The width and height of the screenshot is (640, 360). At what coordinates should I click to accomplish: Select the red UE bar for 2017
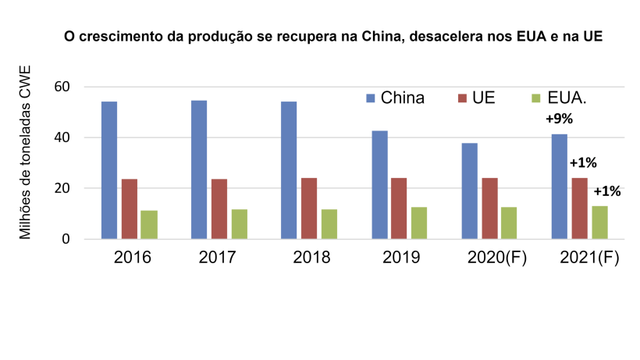click(x=219, y=209)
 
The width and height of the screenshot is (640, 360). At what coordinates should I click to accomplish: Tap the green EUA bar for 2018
click(x=329, y=223)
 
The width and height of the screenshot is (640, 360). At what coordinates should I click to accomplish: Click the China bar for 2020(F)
click(x=469, y=191)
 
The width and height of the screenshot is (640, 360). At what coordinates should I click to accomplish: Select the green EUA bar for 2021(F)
click(x=599, y=222)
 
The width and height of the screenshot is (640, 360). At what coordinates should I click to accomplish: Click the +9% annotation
click(x=560, y=119)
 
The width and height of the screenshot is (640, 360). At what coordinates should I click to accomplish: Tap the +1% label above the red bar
click(x=582, y=163)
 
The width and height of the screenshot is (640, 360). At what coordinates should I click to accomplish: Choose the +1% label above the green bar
click(x=607, y=191)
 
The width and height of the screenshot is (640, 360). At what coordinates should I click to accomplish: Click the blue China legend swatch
click(x=371, y=98)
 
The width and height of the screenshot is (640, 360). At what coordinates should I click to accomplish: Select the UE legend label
click(x=483, y=98)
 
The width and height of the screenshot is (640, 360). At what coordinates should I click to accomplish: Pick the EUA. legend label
click(x=567, y=98)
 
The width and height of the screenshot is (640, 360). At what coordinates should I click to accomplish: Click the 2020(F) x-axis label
click(x=497, y=258)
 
